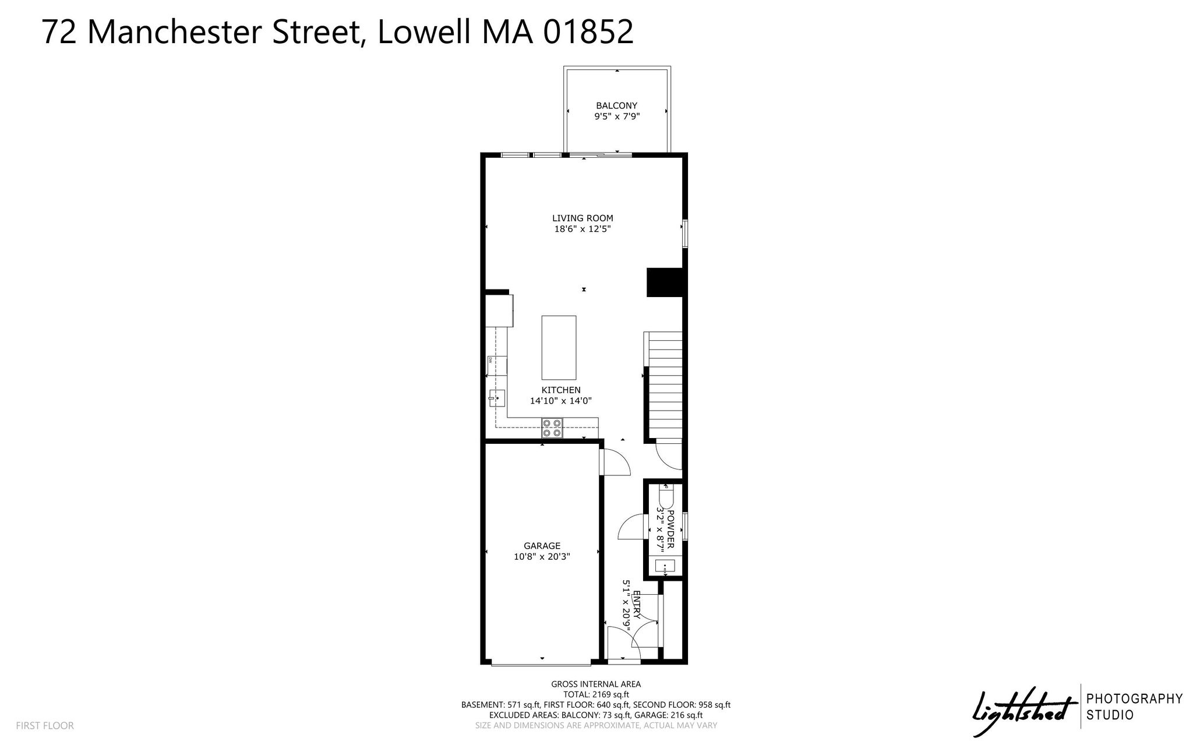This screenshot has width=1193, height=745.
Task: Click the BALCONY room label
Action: [x=616, y=105]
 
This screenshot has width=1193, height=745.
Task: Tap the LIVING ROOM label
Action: [x=583, y=218]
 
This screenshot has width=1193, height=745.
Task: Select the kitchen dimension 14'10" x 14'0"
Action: [x=560, y=401]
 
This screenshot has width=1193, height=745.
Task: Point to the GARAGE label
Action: [x=542, y=546]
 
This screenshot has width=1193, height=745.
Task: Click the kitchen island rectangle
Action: [x=559, y=348]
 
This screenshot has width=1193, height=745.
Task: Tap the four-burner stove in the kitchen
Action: [x=552, y=428]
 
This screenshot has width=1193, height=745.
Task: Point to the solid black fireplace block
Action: [x=664, y=283]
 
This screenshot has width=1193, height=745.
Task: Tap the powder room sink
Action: [x=665, y=565]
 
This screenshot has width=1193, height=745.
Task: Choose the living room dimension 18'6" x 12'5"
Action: [x=583, y=229]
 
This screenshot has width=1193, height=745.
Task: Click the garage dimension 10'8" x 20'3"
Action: [x=542, y=556]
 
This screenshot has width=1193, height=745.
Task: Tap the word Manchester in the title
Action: [x=176, y=32]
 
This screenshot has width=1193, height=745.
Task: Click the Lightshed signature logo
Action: [x=1025, y=711]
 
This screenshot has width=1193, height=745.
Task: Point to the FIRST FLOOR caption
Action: [x=45, y=726]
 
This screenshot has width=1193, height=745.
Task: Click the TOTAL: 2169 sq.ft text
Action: [x=596, y=694]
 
